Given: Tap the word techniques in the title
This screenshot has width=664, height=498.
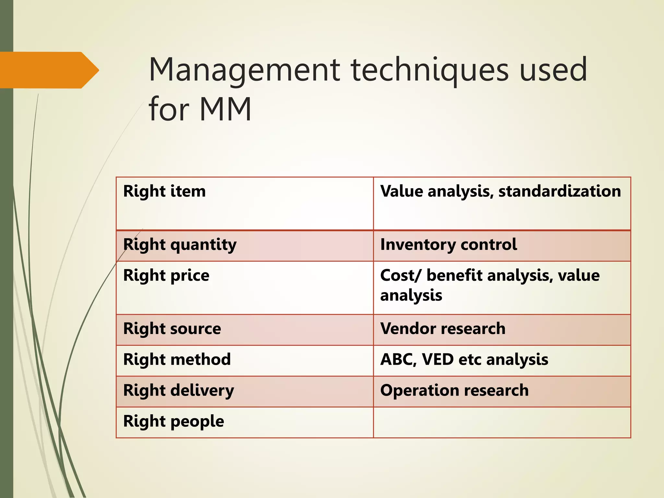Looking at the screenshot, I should [430, 70].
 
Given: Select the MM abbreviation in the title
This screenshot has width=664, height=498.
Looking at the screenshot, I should [225, 109].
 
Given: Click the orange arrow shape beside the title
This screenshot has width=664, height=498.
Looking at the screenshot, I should [49, 70].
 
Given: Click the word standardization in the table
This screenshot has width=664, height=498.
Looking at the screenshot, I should [560, 191].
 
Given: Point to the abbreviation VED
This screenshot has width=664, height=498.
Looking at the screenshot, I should [438, 360].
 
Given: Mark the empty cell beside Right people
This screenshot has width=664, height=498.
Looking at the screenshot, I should [502, 422].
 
